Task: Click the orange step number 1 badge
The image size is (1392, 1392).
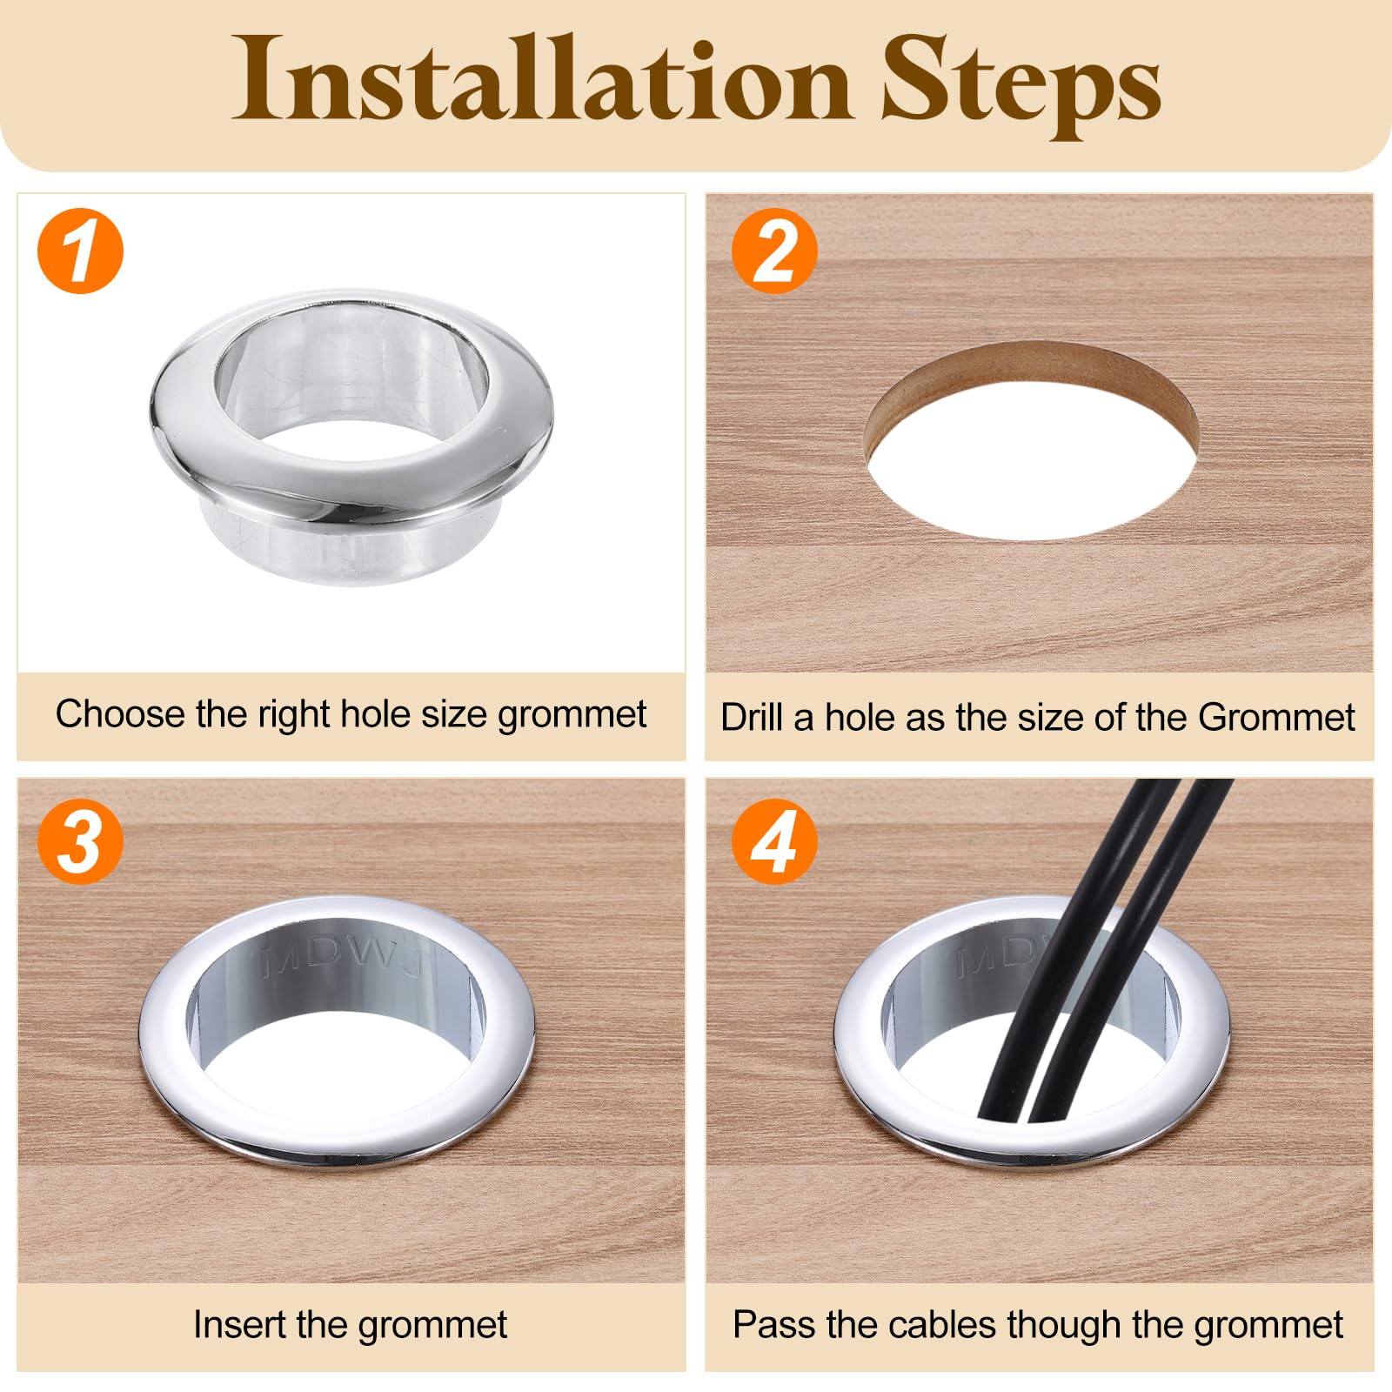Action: click(81, 251)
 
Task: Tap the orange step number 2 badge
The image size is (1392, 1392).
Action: click(774, 251)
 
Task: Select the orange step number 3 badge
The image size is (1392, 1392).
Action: click(81, 841)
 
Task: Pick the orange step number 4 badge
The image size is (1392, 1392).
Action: click(774, 841)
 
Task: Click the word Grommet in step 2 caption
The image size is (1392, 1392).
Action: click(1276, 718)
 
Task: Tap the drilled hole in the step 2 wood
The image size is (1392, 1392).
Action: click(1032, 442)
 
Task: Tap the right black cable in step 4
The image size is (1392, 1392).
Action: click(1131, 948)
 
